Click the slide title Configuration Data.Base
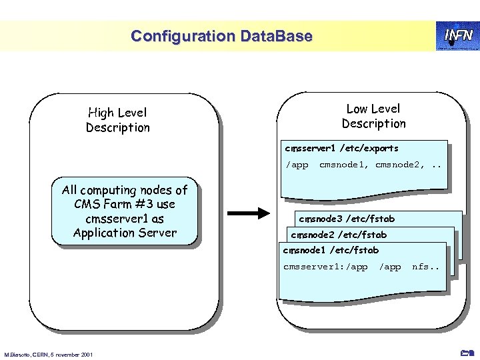[221, 36]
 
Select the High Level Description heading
[118, 120]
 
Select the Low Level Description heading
[373, 116]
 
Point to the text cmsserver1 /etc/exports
[341, 148]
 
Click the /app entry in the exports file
[297, 165]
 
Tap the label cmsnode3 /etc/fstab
[347, 219]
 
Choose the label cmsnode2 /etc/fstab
[339, 235]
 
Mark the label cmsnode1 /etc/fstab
[331, 250]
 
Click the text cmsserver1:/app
[325, 267]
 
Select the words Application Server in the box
[125, 233]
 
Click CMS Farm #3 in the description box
[125, 204]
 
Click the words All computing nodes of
[125, 190]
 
